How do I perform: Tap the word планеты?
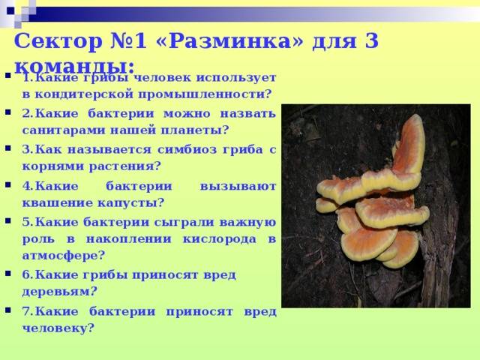click(x=199, y=130)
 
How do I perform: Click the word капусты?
click(x=133, y=202)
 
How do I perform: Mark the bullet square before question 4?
click(x=7, y=185)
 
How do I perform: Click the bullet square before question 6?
click(x=7, y=275)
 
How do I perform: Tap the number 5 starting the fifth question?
click(x=26, y=221)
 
